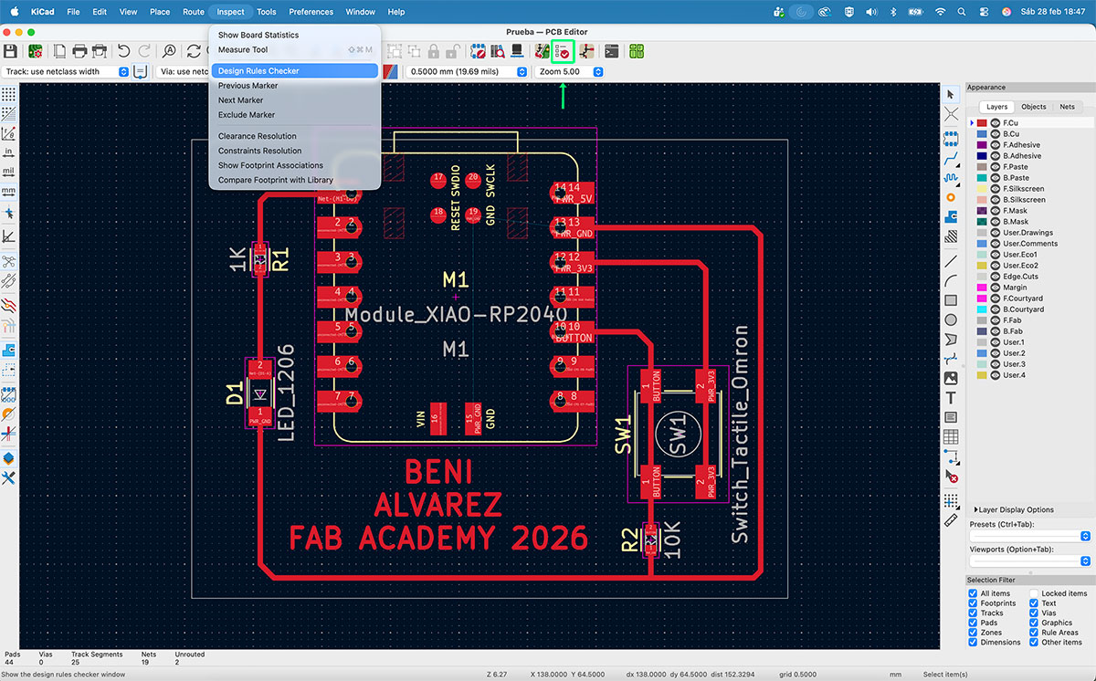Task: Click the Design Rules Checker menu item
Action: click(258, 70)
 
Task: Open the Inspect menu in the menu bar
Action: click(230, 12)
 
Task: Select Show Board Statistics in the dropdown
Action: click(258, 35)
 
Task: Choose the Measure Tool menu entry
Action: click(243, 49)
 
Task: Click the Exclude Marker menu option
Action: click(247, 115)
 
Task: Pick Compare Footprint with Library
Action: click(276, 180)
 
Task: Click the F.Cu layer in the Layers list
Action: click(1010, 122)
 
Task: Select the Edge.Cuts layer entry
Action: click(1020, 277)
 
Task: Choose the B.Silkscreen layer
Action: click(1024, 200)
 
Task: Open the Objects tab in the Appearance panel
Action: click(1034, 107)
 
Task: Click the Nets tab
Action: click(1067, 107)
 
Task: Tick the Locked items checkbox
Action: click(1034, 593)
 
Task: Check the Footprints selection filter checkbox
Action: click(973, 603)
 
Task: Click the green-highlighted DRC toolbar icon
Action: click(564, 51)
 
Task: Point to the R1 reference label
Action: click(279, 260)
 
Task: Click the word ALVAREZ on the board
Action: click(438, 505)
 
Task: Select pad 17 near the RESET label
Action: click(439, 178)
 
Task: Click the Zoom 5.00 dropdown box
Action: click(571, 71)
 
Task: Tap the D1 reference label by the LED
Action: click(235, 394)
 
